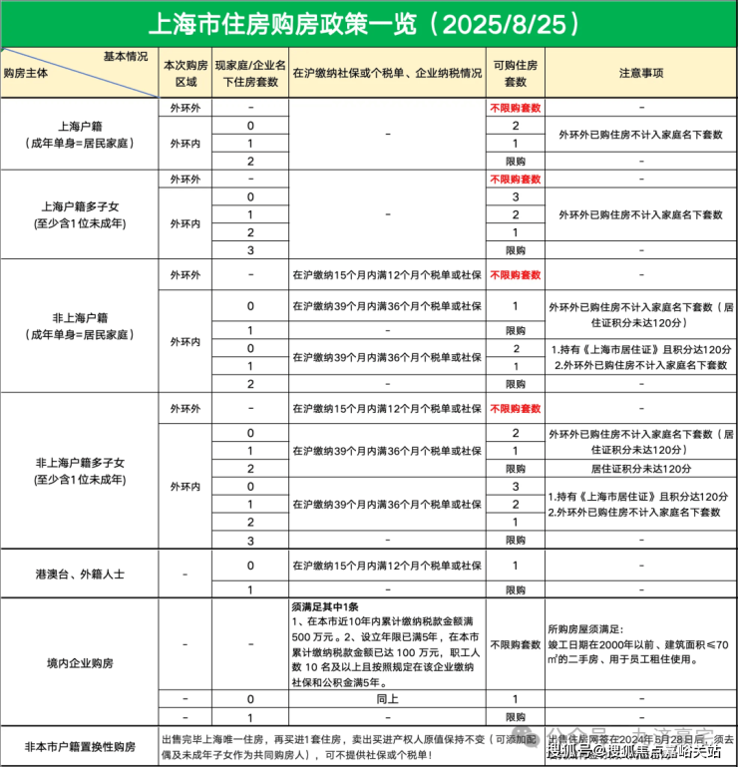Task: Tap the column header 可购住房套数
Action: (x=515, y=73)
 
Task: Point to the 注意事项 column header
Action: (x=641, y=73)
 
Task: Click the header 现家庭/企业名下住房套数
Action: (x=250, y=73)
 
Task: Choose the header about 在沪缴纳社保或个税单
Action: (x=386, y=73)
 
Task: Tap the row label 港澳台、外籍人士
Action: (x=79, y=575)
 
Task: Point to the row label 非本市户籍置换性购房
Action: (x=79, y=746)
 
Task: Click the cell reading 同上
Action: (x=386, y=700)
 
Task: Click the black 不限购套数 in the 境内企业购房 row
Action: (x=515, y=646)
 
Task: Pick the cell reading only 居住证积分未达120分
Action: (x=641, y=468)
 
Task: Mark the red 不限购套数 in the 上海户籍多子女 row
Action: (x=515, y=180)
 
